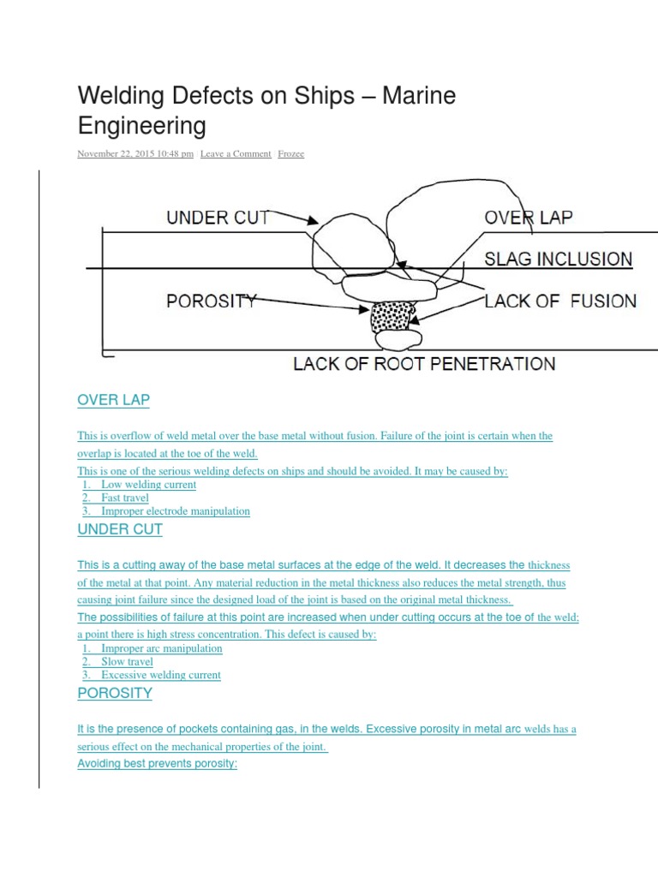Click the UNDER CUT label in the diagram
tap(218, 218)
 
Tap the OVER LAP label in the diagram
tap(528, 217)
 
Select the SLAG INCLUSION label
tap(558, 259)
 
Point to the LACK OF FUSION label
tap(560, 301)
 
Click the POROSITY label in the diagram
tap(211, 301)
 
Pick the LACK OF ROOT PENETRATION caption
tap(424, 364)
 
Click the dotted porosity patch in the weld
tap(391, 316)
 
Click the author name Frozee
tap(291, 154)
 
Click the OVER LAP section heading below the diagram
tap(113, 400)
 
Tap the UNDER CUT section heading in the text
tap(120, 529)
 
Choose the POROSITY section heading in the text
tap(115, 693)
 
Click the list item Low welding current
tap(148, 485)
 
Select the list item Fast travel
tap(125, 498)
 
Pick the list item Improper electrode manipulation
tap(176, 511)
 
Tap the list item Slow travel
tap(127, 661)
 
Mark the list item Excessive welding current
tap(161, 675)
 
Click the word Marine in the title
tap(419, 96)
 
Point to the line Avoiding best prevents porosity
tap(157, 763)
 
